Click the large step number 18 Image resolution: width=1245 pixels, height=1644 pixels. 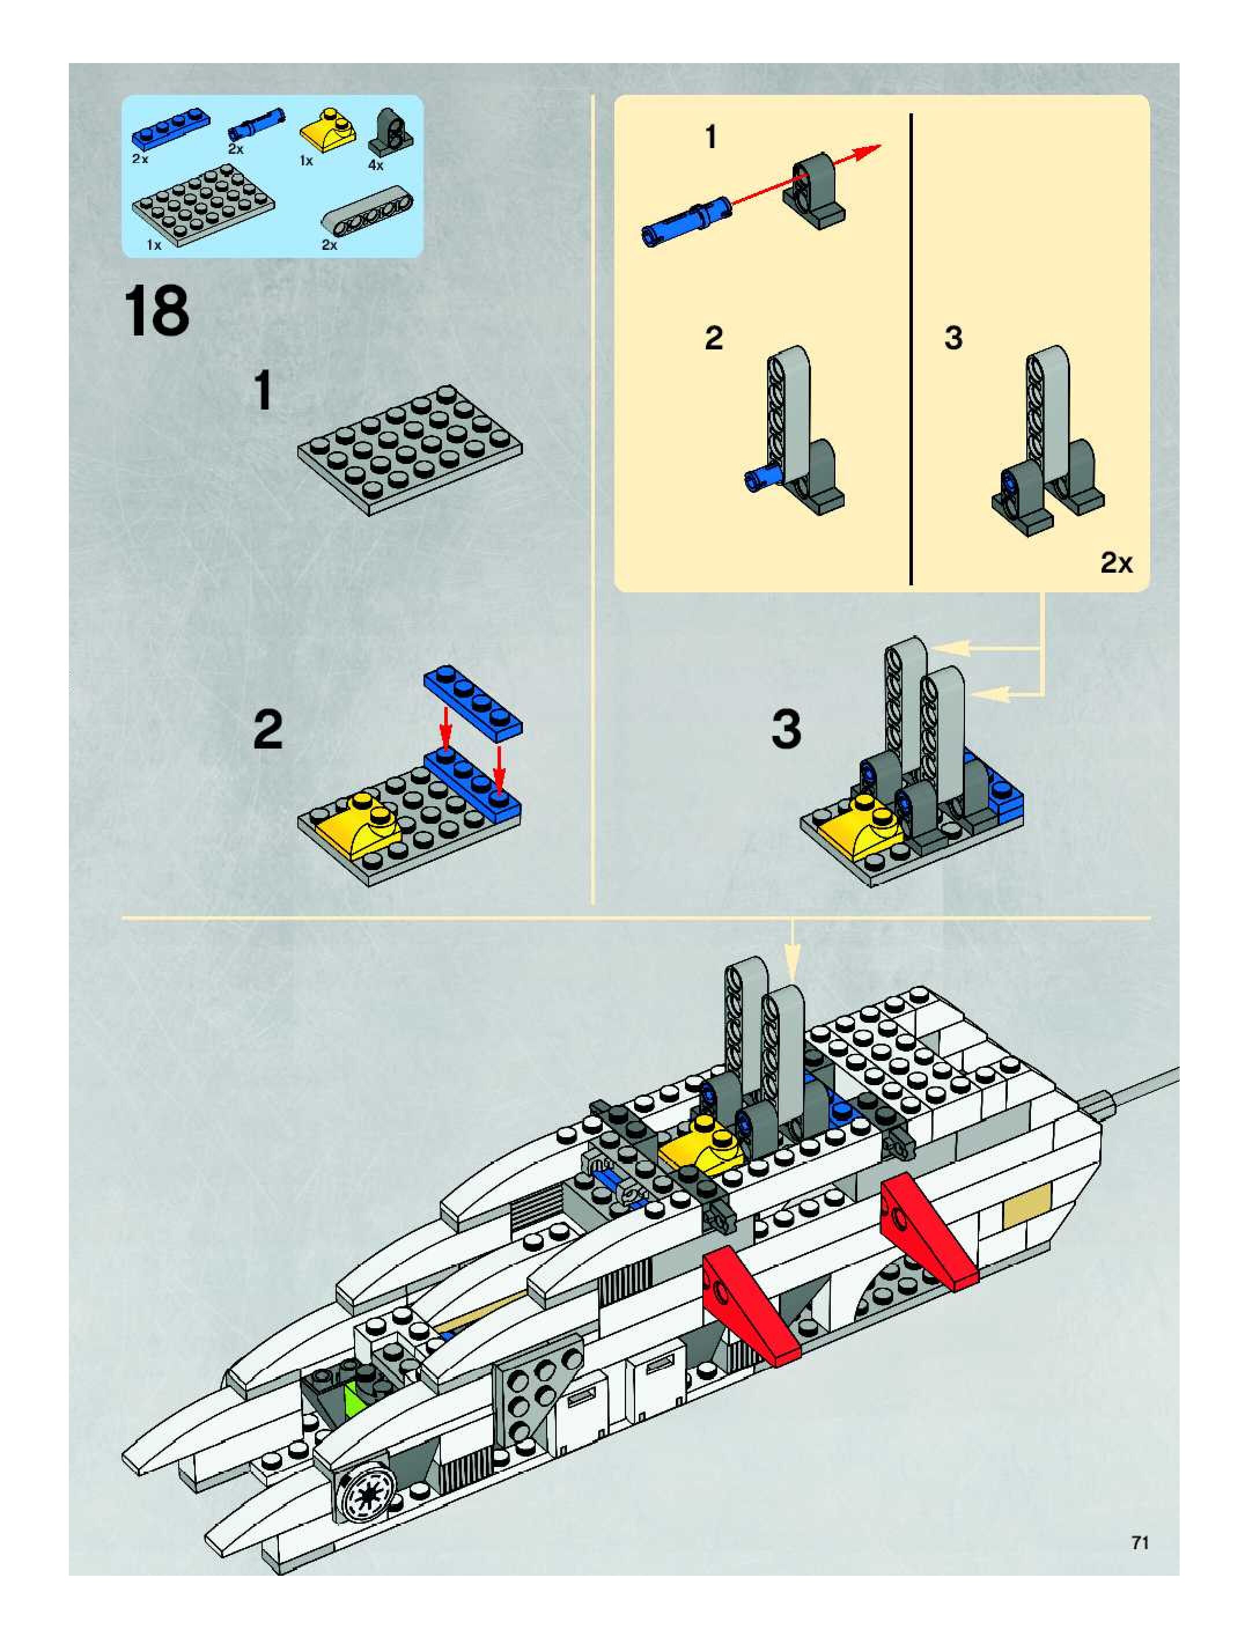(157, 312)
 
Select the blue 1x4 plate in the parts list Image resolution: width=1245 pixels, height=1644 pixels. (170, 130)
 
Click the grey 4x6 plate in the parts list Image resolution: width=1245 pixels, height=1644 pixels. (202, 201)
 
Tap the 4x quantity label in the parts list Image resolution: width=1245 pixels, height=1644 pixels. (375, 165)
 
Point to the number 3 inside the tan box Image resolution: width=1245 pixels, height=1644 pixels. (953, 338)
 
